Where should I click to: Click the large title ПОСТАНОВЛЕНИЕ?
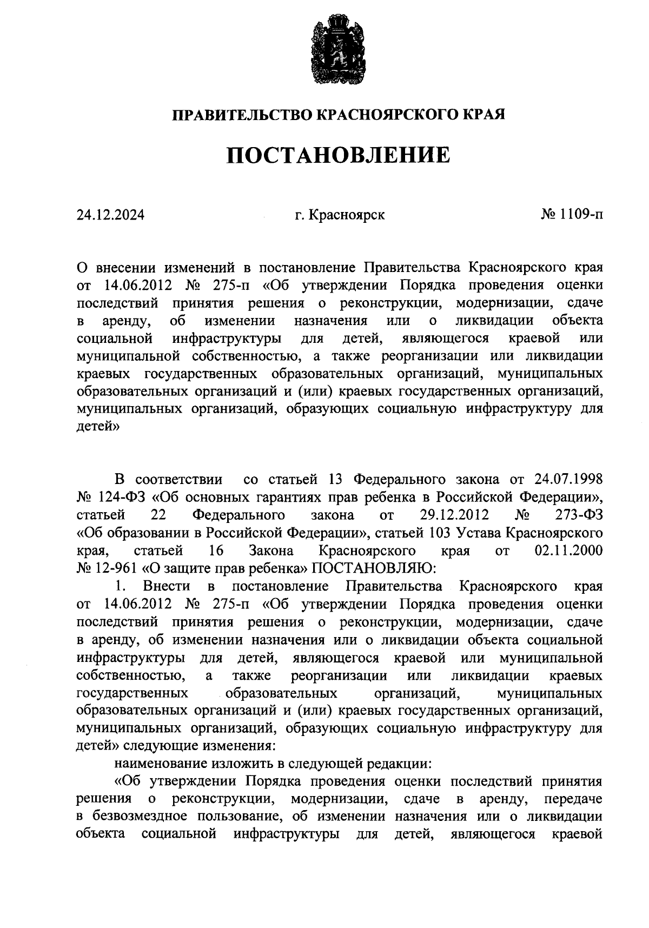(x=338, y=156)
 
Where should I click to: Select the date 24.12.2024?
(x=110, y=215)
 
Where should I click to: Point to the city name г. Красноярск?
(x=340, y=215)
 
